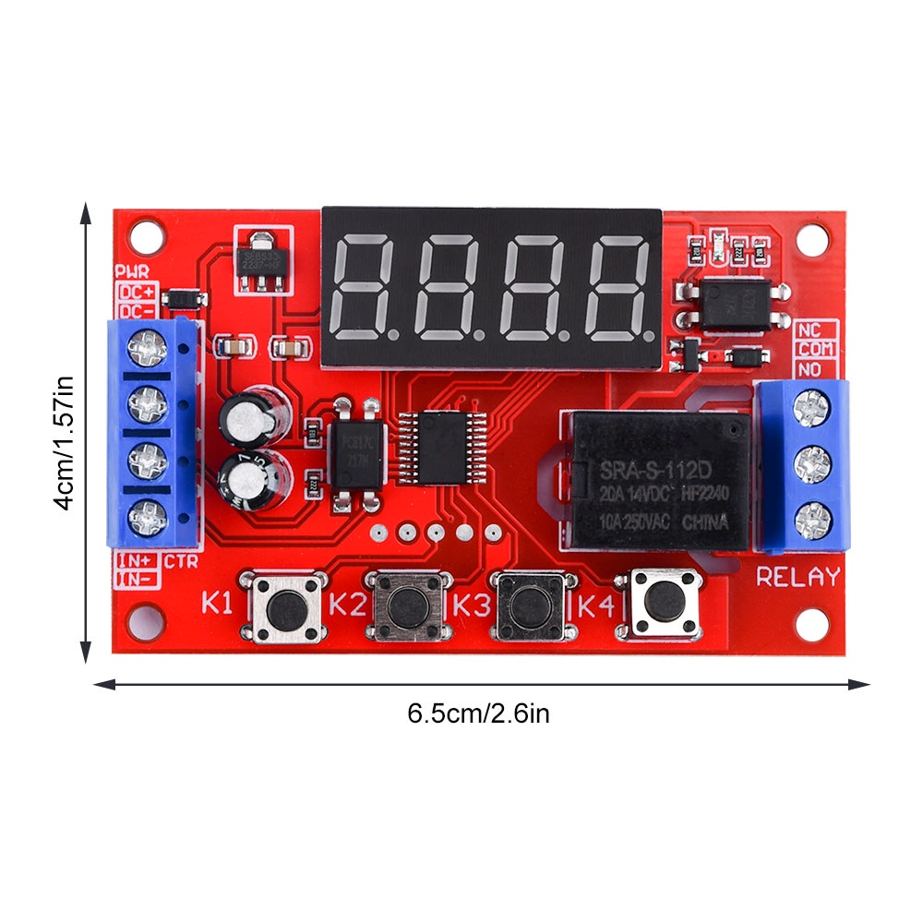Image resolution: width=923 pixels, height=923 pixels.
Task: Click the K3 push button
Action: pyautogui.click(x=529, y=605)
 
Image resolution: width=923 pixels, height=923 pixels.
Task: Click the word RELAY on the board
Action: pyautogui.click(x=798, y=578)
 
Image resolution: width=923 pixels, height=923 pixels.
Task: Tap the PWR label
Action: pyautogui.click(x=130, y=272)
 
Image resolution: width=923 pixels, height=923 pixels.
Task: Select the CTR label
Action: pyautogui.click(x=180, y=561)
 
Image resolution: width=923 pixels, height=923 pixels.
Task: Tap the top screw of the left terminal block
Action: pyautogui.click(x=147, y=348)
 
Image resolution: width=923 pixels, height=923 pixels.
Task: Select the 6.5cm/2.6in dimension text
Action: pyautogui.click(x=478, y=713)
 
